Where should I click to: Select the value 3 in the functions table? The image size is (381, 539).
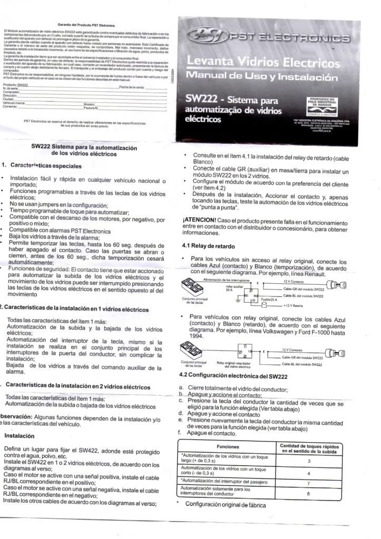point(308,461)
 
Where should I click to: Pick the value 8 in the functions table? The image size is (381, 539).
point(308,493)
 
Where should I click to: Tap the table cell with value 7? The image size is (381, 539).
point(308,482)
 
